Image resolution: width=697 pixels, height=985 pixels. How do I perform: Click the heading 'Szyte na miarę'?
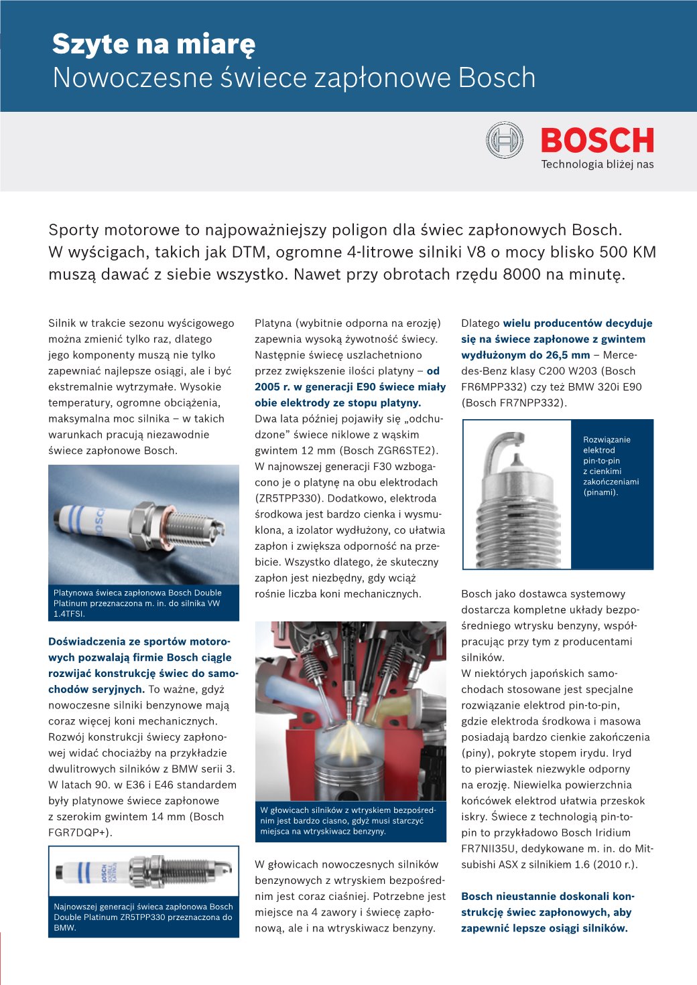[x=153, y=44]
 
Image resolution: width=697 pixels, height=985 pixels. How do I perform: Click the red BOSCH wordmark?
[x=597, y=141]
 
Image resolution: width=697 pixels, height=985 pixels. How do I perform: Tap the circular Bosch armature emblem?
[x=505, y=140]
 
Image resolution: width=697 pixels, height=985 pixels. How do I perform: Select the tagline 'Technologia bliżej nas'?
[x=597, y=165]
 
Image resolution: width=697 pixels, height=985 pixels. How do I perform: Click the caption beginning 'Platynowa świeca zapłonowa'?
[x=137, y=603]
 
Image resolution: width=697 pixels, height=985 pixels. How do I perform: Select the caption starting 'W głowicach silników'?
[x=348, y=820]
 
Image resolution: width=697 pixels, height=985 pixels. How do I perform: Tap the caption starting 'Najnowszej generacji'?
[x=143, y=917]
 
